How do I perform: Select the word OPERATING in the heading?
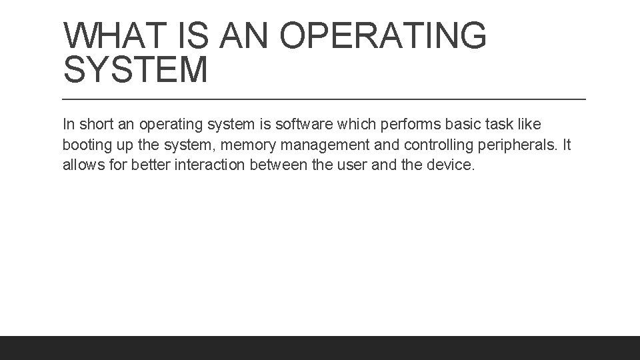(x=383, y=36)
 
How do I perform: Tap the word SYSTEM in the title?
(x=135, y=70)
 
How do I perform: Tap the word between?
(x=277, y=165)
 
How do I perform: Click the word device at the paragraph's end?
(x=450, y=165)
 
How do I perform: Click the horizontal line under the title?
(x=324, y=99)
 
